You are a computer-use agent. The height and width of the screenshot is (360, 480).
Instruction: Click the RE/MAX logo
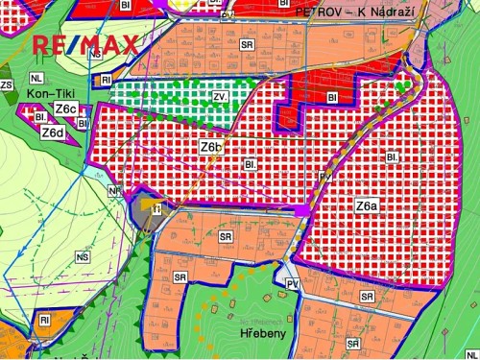tap(85, 44)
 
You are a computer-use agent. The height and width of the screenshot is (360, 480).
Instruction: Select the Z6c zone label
tap(66, 110)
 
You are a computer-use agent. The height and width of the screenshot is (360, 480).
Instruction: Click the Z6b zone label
tap(211, 147)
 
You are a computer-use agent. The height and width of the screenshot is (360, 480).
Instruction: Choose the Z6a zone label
tap(366, 205)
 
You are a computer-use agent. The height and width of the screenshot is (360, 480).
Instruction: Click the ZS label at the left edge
tap(7, 85)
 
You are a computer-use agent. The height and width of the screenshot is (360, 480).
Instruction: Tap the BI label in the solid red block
tap(332, 97)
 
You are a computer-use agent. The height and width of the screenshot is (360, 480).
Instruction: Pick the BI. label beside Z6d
tap(41, 116)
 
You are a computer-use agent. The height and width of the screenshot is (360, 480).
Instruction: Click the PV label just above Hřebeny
tap(293, 284)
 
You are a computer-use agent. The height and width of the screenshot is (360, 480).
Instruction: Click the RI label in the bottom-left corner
tap(43, 319)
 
